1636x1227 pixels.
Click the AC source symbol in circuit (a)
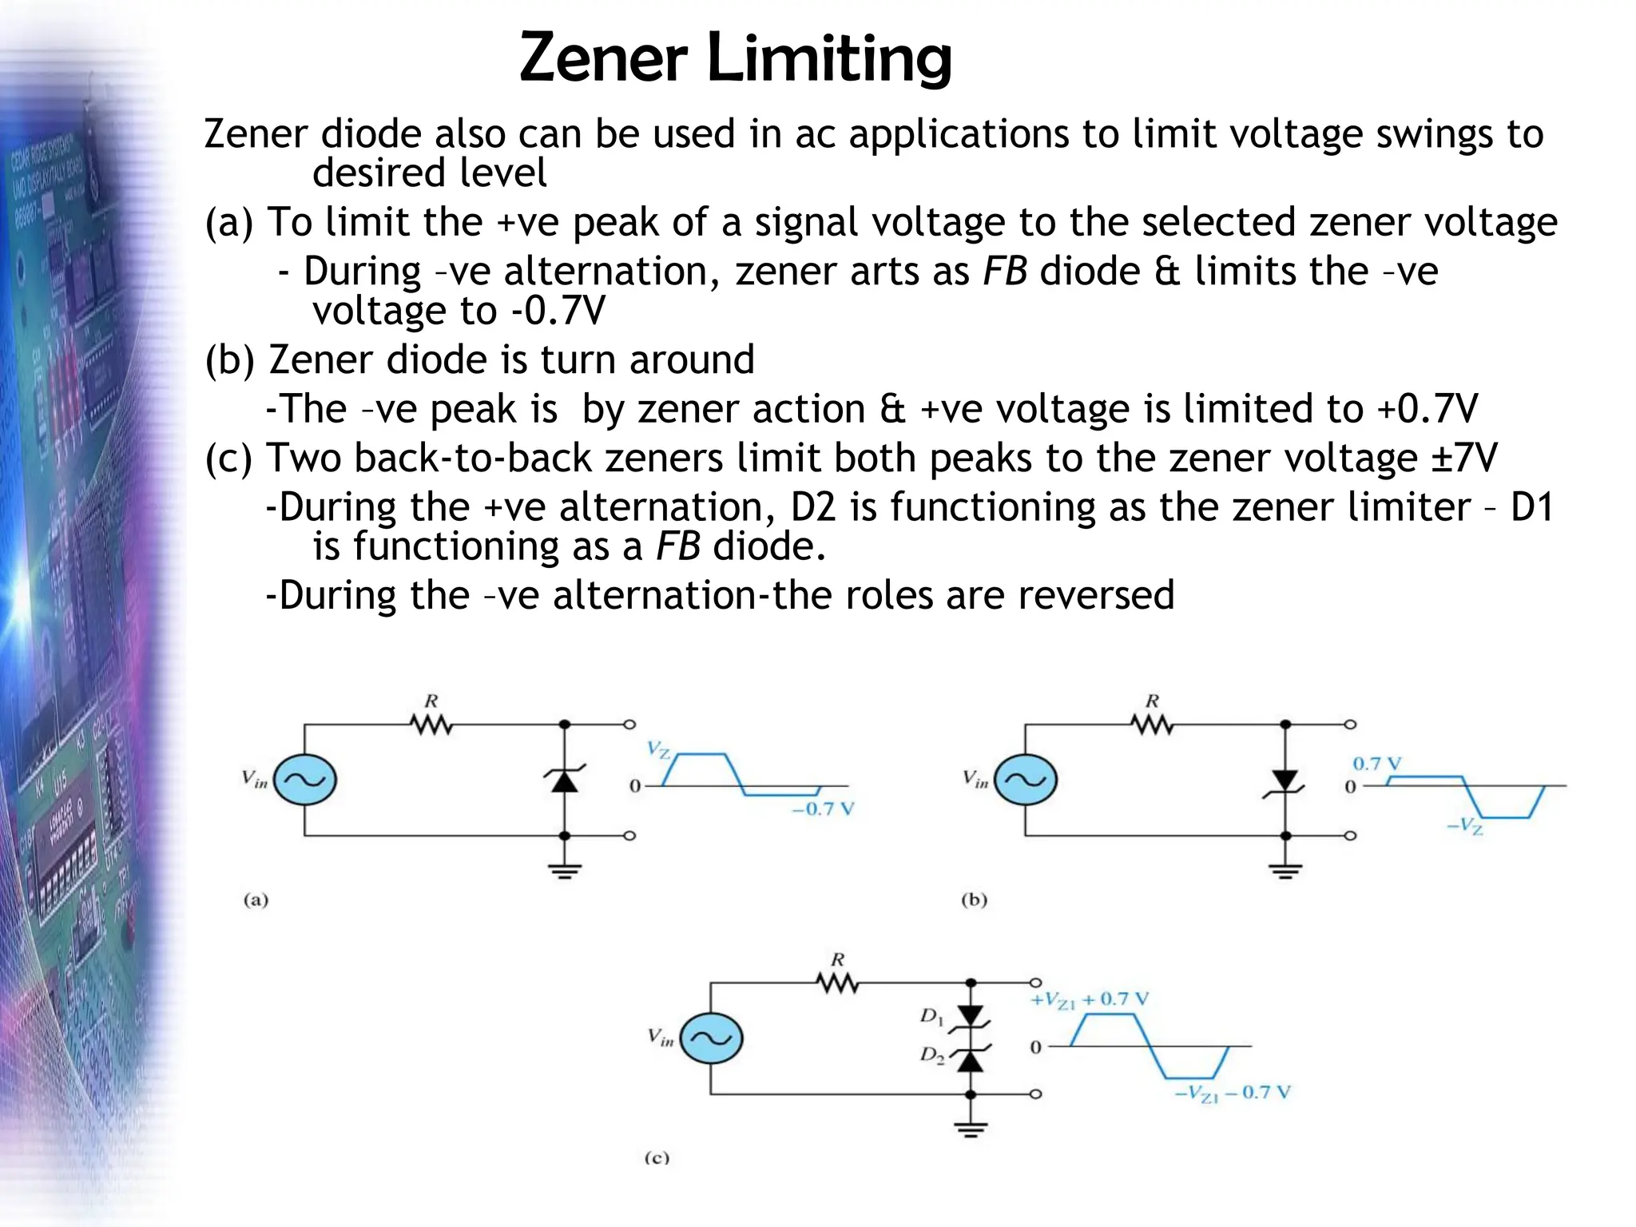pyautogui.click(x=304, y=780)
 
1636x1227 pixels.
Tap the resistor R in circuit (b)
pyautogui.click(x=1152, y=724)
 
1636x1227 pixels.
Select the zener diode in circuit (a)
pyautogui.click(x=565, y=779)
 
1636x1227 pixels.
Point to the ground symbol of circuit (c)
pyautogui.click(x=971, y=1128)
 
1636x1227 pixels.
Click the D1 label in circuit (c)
pyautogui.click(x=931, y=1016)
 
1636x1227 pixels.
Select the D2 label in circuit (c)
pyautogui.click(x=931, y=1055)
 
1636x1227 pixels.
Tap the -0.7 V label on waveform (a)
pyautogui.click(x=823, y=808)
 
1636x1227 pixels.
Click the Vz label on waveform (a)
pyautogui.click(x=658, y=749)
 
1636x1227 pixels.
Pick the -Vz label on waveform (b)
pyautogui.click(x=1465, y=826)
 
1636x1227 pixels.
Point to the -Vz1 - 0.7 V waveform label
pyautogui.click(x=1233, y=1093)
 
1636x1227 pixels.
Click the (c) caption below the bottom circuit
pyautogui.click(x=657, y=1158)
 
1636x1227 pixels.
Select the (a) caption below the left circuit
pyautogui.click(x=256, y=900)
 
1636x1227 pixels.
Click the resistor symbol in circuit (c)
pyautogui.click(x=837, y=983)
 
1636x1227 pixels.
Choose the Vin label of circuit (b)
pyautogui.click(x=975, y=778)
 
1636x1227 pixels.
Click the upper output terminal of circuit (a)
pyautogui.click(x=629, y=725)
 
